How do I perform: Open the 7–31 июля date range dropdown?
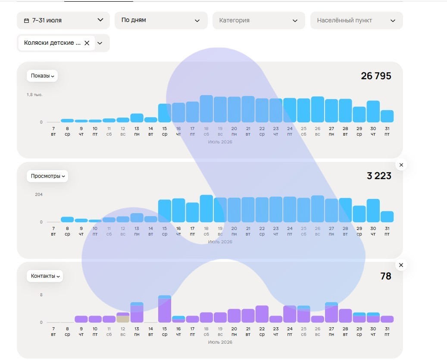click(x=63, y=20)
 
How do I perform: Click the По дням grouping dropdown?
click(x=161, y=20)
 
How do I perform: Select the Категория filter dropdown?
click(x=259, y=20)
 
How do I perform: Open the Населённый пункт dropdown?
click(x=356, y=20)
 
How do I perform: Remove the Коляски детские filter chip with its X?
click(x=87, y=43)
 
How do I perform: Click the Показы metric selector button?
click(x=42, y=76)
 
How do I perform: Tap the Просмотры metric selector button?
click(x=47, y=176)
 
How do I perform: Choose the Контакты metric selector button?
click(x=45, y=276)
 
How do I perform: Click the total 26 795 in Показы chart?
click(x=376, y=76)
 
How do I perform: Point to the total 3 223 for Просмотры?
click(x=379, y=176)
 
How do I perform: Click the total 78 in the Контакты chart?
click(x=386, y=276)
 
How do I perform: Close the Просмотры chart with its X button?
click(x=401, y=165)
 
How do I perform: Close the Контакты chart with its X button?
click(x=401, y=265)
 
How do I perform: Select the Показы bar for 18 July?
click(x=206, y=109)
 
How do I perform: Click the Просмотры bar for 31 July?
click(x=387, y=217)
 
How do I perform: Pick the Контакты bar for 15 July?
click(x=165, y=309)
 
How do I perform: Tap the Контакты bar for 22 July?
click(x=262, y=314)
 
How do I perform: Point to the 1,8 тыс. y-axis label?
click(x=34, y=95)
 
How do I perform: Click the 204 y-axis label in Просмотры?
click(x=39, y=195)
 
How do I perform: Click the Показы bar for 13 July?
click(x=137, y=118)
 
